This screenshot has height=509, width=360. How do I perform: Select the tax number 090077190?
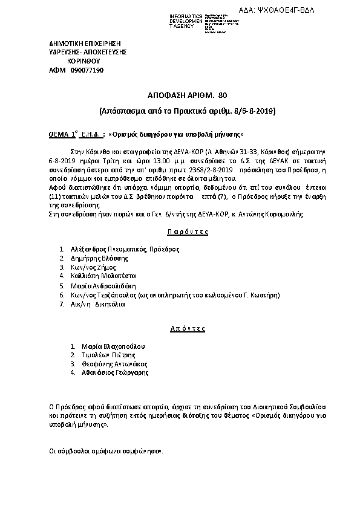click(x=87, y=70)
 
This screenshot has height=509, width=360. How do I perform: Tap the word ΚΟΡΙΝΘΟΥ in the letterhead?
click(x=84, y=61)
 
